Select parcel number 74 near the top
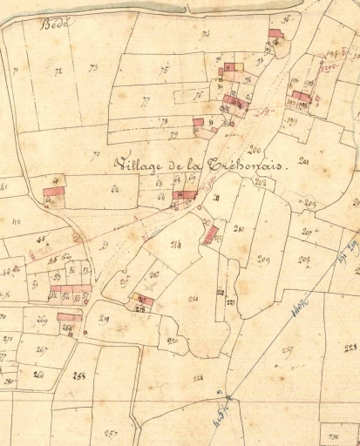coord(206,35)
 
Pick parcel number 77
coord(144,100)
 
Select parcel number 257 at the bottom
coord(111,433)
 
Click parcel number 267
coord(42,349)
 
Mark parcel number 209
coord(263,260)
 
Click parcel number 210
coord(239,229)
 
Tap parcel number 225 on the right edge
coord(350,348)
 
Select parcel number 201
coord(304,162)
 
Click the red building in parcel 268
coord(69,318)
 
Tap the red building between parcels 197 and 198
coord(302,97)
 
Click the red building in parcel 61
coord(55,190)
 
